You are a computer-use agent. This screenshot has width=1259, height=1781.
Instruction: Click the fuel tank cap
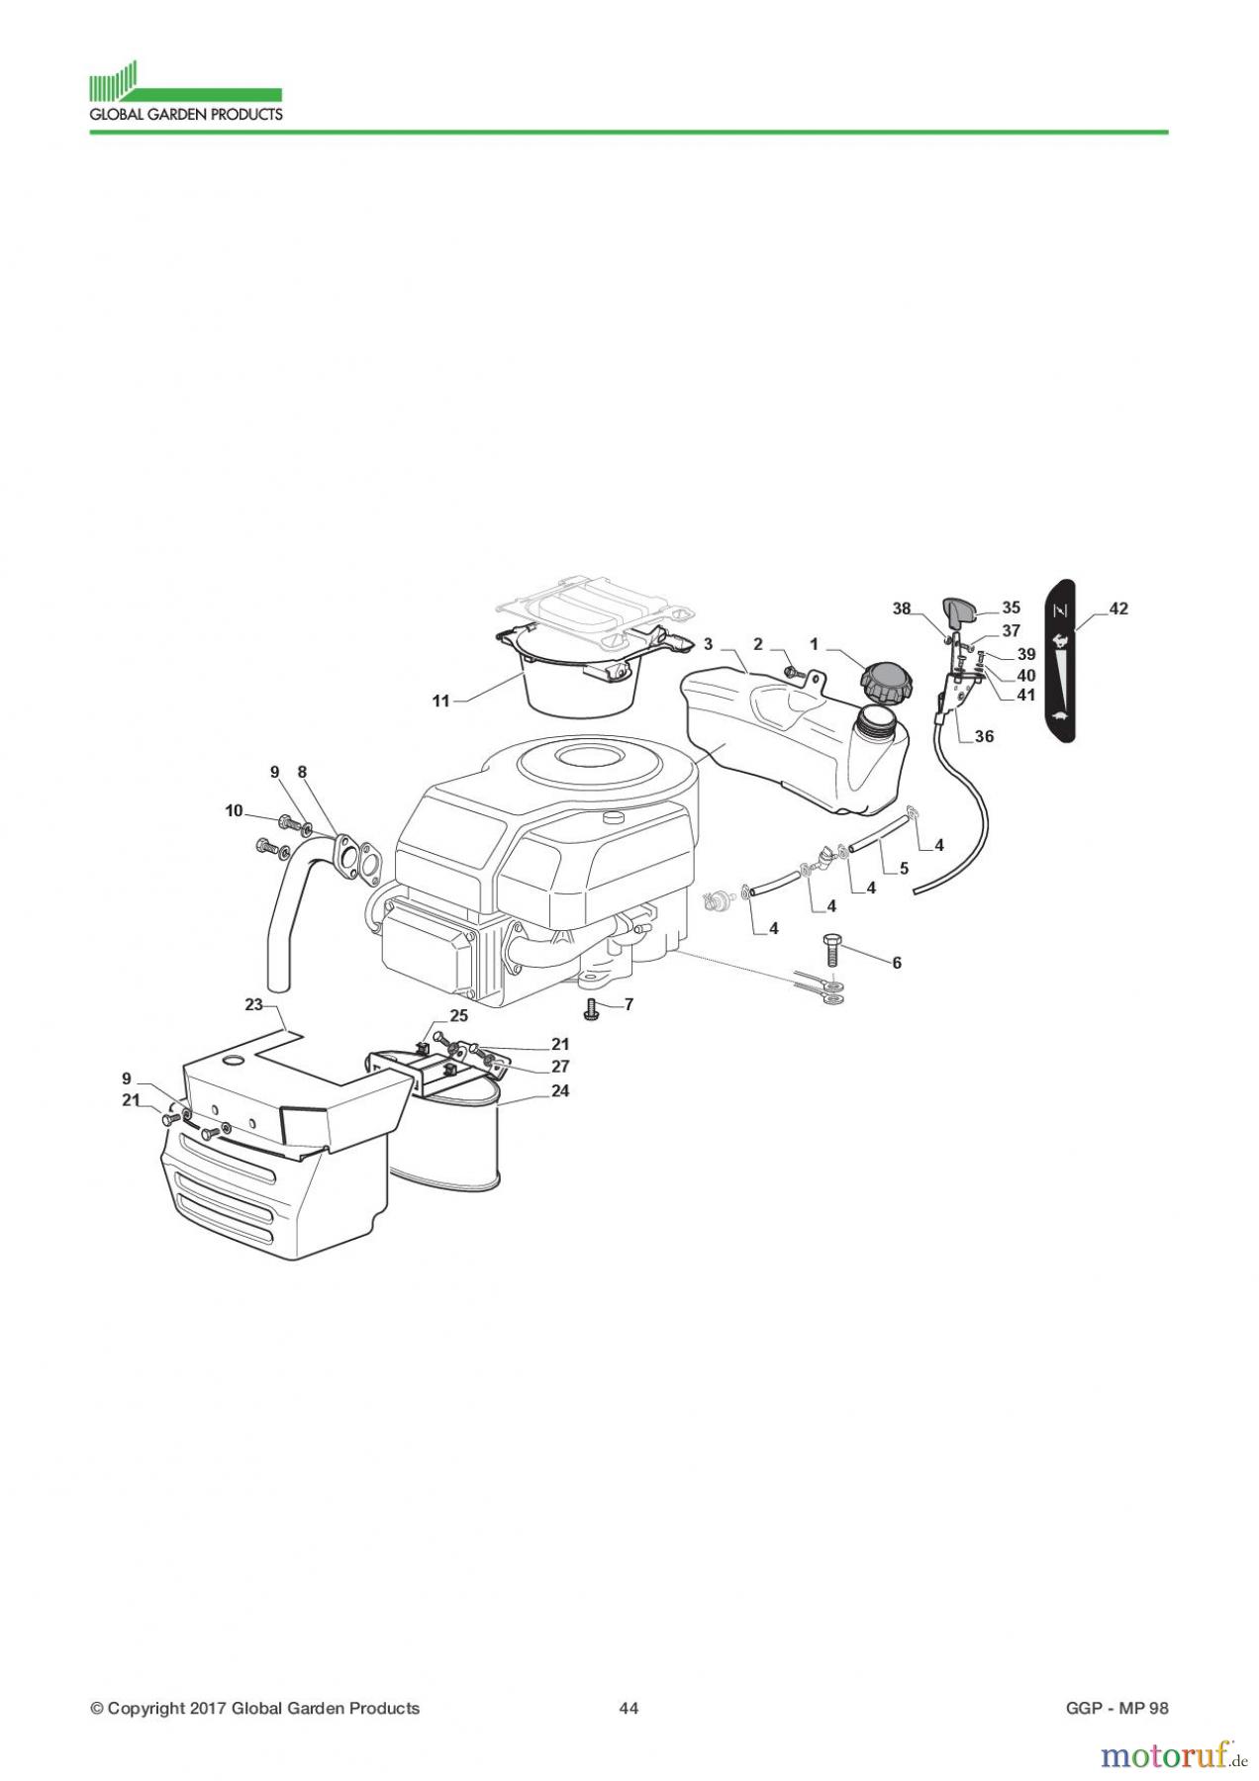884,680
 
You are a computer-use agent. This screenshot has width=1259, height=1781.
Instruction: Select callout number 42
1117,609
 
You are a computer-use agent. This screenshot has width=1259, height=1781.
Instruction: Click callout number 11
440,701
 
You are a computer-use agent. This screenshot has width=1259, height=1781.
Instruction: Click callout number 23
254,1004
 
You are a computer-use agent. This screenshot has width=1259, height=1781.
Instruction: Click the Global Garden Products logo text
186,114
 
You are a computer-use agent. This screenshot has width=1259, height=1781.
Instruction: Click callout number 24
561,1090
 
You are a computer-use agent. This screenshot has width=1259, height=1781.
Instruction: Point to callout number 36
984,736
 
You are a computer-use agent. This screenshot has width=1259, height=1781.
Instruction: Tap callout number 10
234,810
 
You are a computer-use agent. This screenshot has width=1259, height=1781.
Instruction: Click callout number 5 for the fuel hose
904,869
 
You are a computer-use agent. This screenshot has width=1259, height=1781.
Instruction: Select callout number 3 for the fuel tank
708,644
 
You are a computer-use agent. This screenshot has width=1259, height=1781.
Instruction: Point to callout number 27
560,1067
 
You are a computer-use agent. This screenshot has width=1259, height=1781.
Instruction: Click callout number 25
458,1015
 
